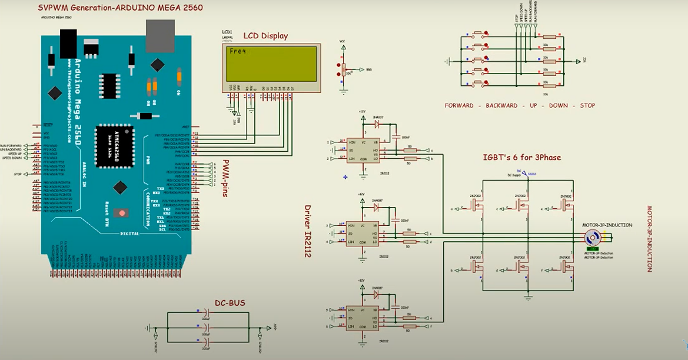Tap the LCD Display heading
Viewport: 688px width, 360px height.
point(265,36)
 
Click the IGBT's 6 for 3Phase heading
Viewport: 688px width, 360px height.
point(521,158)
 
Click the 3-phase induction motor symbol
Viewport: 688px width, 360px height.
point(592,237)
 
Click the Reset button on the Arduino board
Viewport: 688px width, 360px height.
point(123,212)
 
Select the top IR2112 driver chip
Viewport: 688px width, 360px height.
point(361,150)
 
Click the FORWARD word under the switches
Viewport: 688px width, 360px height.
point(460,106)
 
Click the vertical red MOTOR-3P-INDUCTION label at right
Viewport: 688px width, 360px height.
point(650,238)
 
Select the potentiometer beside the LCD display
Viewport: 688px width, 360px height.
point(342,69)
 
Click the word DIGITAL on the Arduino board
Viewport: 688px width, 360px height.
point(129,234)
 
